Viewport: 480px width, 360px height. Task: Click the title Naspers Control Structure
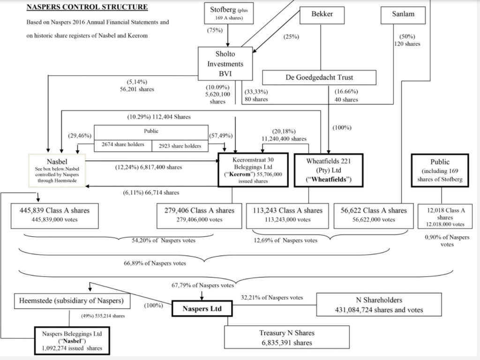[87, 7]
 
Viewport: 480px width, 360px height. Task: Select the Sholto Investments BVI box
[225, 64]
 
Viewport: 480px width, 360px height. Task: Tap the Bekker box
[322, 14]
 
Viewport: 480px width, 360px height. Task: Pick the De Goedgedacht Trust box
[319, 77]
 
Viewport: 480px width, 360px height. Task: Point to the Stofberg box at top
[228, 13]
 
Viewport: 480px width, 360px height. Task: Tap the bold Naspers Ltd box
[201, 309]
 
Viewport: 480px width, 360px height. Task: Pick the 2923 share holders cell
[180, 146]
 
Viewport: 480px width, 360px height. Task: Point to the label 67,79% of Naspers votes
[203, 285]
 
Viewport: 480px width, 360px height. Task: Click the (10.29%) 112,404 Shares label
[159, 116]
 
